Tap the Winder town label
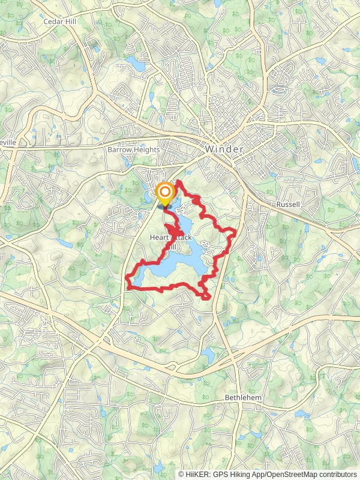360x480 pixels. pos(224,149)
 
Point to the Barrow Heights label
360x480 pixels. pos(133,149)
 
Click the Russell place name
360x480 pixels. pos(288,205)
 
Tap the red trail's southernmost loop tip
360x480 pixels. pos(207,298)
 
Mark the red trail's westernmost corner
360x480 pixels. pos(127,278)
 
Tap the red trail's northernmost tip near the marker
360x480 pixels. pos(179,180)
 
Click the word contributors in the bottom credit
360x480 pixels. pos(338,474)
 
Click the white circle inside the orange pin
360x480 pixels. pos(164,192)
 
